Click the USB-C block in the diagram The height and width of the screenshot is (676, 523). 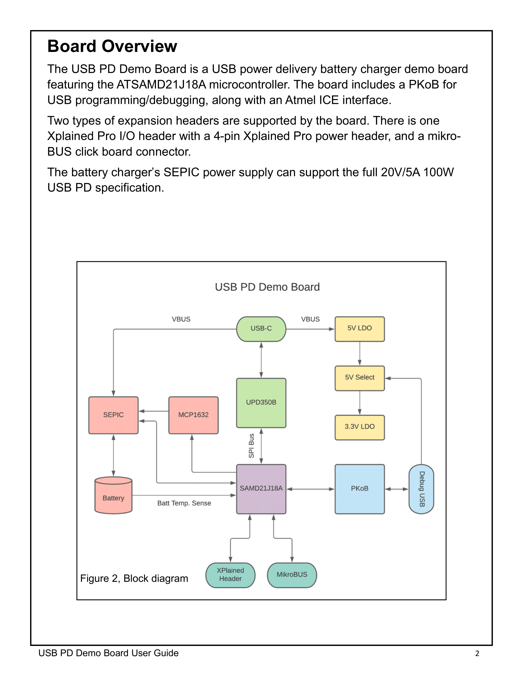(261, 329)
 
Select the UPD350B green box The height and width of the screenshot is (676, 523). (261, 403)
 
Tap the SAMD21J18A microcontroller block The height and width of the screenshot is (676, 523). (261, 489)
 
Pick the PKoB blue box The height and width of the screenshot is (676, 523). (359, 489)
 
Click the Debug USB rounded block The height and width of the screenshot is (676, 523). (421, 489)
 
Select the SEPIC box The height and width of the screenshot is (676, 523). (114, 415)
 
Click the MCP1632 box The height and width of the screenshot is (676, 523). (193, 415)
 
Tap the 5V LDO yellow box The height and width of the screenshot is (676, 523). (359, 329)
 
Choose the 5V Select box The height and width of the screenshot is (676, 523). (359, 378)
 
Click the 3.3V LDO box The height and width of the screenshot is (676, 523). (359, 427)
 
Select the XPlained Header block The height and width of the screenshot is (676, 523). (230, 575)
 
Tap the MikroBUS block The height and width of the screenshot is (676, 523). (292, 575)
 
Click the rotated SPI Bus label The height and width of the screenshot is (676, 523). (251, 446)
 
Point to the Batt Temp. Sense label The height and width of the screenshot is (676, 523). (184, 503)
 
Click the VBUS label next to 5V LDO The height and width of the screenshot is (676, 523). (310, 319)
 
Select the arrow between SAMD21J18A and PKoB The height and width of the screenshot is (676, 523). (310, 489)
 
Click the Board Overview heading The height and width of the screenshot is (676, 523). (112, 46)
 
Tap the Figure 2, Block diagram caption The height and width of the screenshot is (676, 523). (134, 579)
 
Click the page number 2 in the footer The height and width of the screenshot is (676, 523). (477, 653)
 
